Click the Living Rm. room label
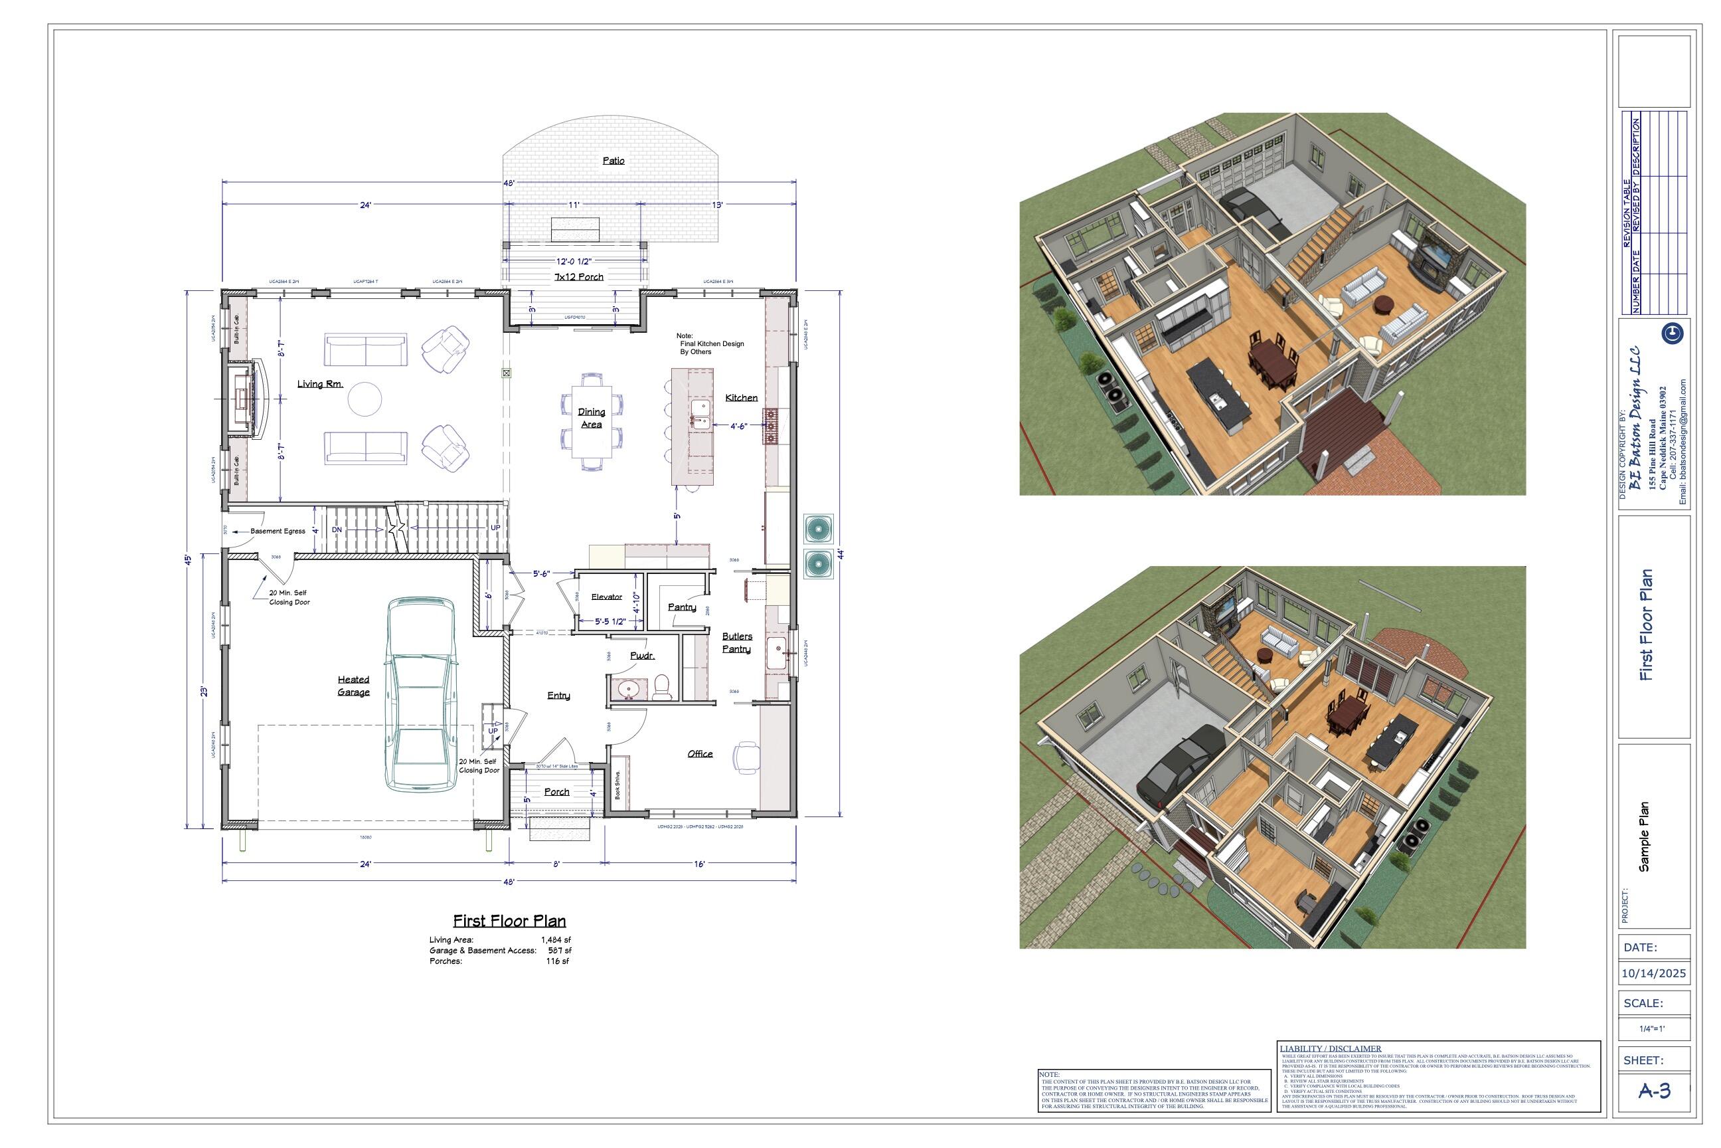tap(320, 383)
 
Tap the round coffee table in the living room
tap(365, 399)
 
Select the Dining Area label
tap(591, 417)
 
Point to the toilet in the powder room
tap(662, 686)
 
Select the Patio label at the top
tap(614, 160)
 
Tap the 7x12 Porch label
tap(579, 277)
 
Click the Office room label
tap(700, 753)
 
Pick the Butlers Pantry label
tap(736, 642)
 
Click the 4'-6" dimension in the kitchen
tap(738, 425)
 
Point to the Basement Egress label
tap(278, 531)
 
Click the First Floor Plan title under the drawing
tap(509, 920)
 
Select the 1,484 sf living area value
tap(555, 939)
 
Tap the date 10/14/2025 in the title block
tap(1653, 973)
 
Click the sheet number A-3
tap(1654, 1091)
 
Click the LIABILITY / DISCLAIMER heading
tap(1331, 1048)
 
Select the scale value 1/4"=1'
tap(1651, 1028)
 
